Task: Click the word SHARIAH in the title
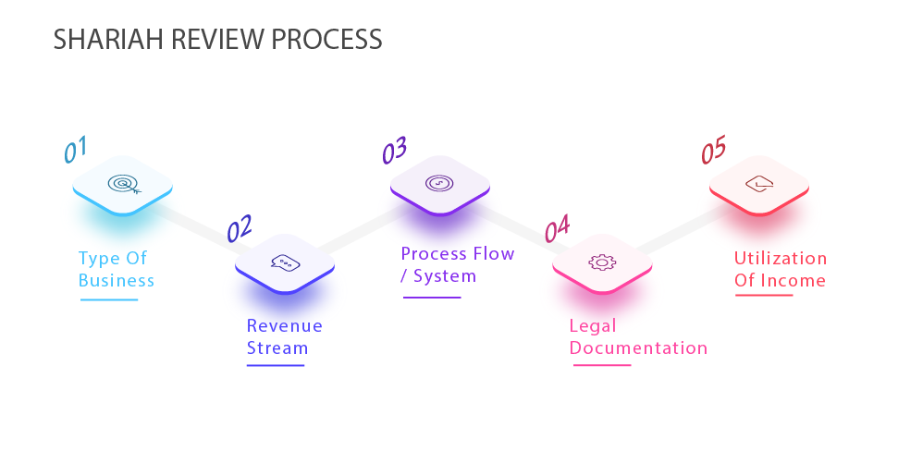click(109, 40)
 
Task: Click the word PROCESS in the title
click(326, 40)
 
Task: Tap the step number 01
click(75, 150)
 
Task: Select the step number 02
click(240, 228)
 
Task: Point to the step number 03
click(395, 150)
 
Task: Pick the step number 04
click(558, 228)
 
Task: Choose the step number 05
click(714, 150)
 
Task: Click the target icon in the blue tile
click(124, 184)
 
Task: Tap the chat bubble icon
click(285, 263)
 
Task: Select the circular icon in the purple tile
click(439, 183)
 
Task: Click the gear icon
click(602, 262)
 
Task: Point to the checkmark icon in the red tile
click(759, 184)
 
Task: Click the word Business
click(117, 280)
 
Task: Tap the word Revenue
click(285, 325)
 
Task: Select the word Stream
click(277, 348)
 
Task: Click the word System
click(445, 276)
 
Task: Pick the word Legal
click(593, 325)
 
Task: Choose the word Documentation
click(638, 348)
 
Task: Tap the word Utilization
click(781, 258)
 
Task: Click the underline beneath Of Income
click(764, 296)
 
